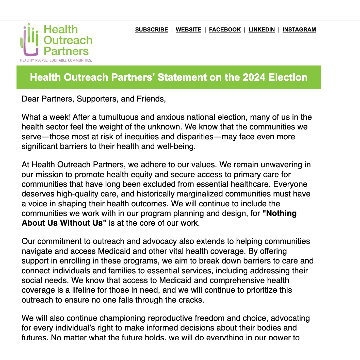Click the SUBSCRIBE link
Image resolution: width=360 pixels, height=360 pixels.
[151, 30]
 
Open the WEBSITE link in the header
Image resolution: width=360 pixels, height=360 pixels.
[188, 30]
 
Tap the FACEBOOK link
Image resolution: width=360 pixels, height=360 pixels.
[225, 30]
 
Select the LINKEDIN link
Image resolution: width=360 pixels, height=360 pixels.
[262, 30]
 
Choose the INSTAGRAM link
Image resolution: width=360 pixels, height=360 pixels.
[299, 30]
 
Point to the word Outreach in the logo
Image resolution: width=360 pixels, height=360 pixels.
[68, 40]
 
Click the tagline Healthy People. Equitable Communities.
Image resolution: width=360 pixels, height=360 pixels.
[56, 60]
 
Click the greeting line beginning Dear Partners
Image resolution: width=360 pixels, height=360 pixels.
[94, 99]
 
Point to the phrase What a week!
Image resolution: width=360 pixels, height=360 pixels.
[46, 117]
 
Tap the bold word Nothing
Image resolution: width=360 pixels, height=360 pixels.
[280, 213]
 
